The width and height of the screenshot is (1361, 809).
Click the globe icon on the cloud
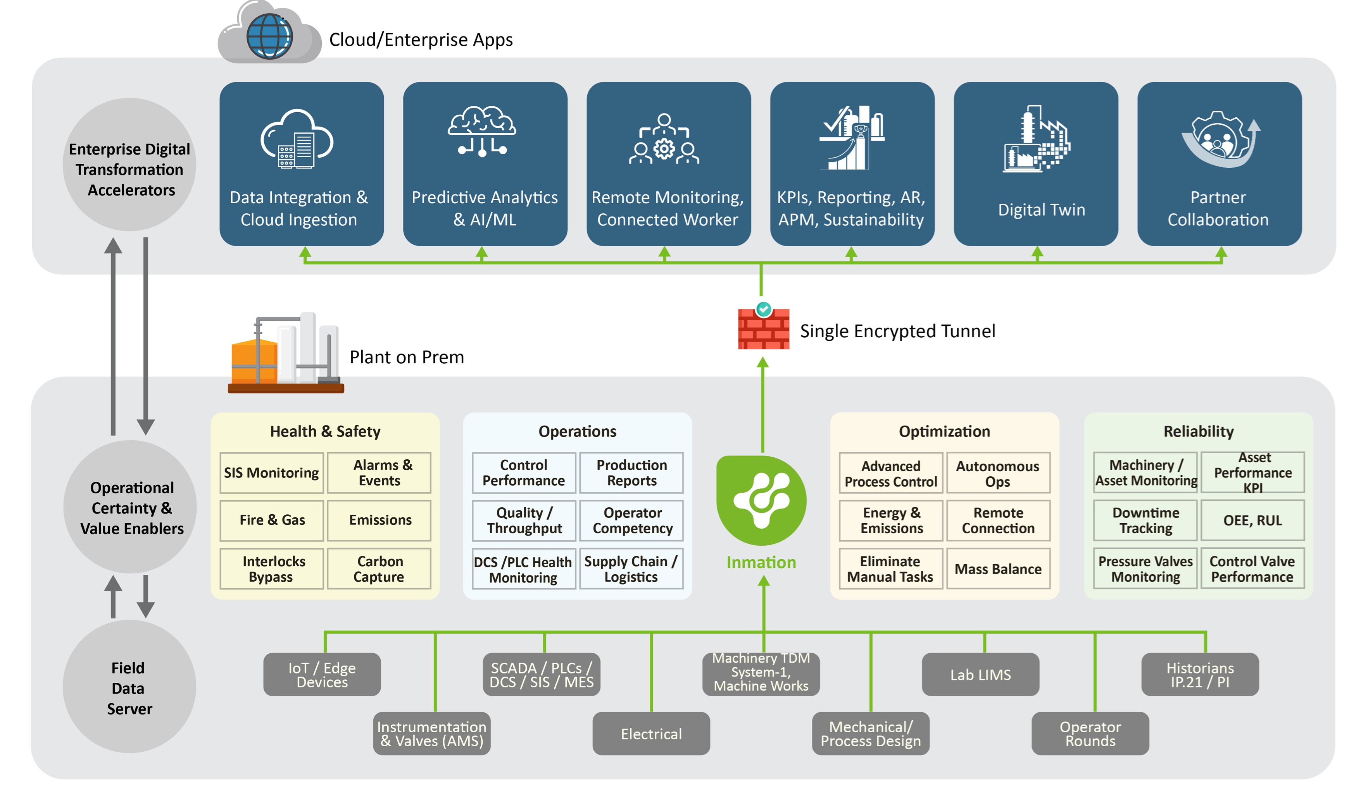(269, 36)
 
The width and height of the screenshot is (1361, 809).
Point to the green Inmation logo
(761, 500)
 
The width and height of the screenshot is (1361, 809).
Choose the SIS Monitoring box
(271, 472)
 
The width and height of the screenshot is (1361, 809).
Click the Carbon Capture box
(379, 569)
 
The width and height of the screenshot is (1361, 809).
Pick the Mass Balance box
(998, 569)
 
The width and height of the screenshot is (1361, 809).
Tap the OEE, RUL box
(1252, 520)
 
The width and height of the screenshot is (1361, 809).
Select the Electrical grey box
(651, 733)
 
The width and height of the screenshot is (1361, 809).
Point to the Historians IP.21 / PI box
(1199, 674)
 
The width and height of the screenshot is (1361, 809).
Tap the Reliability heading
(1198, 431)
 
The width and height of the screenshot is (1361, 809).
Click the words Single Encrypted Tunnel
(897, 331)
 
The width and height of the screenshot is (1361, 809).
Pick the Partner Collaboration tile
(1219, 163)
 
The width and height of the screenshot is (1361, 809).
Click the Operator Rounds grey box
(1089, 733)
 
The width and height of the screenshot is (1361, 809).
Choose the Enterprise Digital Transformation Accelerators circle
(129, 164)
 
